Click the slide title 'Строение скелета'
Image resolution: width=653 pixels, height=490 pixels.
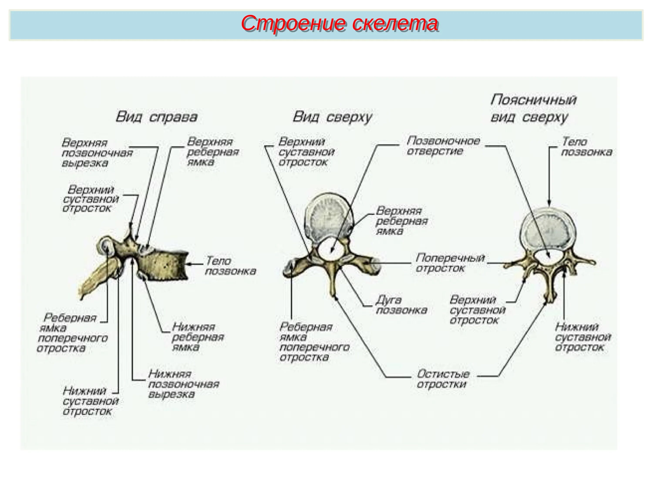pos(340,24)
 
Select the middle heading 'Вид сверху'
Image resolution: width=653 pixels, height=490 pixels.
pos(332,117)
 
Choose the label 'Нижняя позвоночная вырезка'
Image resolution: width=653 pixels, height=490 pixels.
pos(183,384)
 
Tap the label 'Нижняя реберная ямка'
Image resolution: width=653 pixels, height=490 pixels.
pos(198,337)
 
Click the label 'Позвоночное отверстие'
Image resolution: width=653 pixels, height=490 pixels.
pos(443,146)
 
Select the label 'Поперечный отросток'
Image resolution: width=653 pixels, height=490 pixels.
pos(450,263)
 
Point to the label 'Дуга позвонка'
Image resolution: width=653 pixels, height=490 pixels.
pos(401,305)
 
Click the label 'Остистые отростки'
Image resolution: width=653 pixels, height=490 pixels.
pos(443,379)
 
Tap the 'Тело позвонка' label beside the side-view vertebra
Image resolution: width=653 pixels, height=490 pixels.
pos(230,266)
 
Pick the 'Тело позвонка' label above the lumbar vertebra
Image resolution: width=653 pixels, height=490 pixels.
pos(586,147)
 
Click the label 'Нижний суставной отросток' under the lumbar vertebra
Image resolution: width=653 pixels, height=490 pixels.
pos(582,337)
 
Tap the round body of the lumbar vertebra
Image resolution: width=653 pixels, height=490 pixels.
pos(548,230)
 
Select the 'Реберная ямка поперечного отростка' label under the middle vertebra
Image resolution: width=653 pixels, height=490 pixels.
pos(314,342)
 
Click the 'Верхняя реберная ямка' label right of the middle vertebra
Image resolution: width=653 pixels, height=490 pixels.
pos(401,221)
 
